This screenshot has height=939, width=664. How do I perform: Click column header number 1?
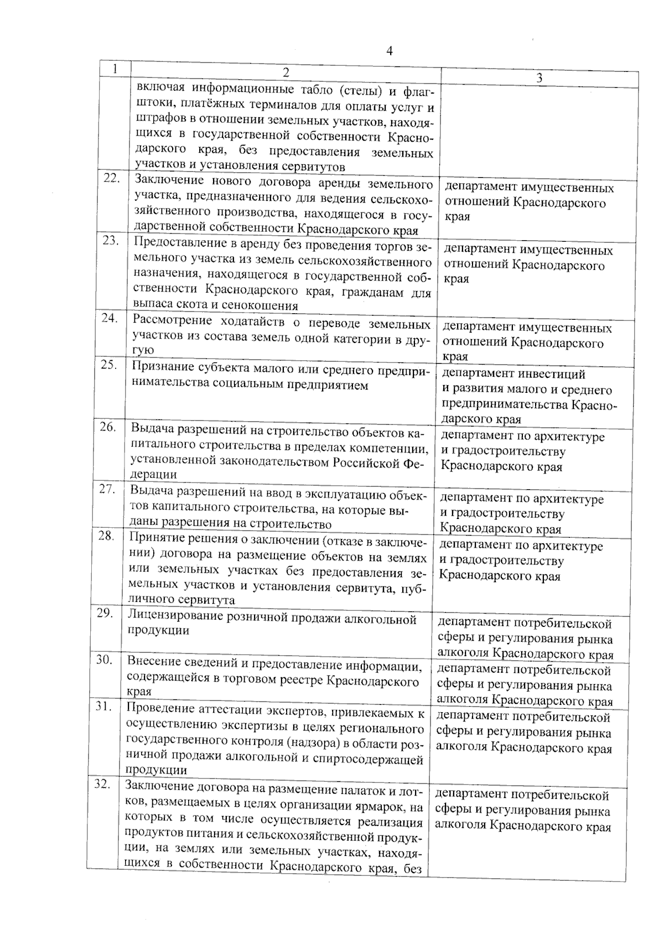click(x=114, y=69)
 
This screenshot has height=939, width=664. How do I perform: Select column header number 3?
click(x=539, y=79)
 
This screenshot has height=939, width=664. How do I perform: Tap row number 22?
click(x=112, y=178)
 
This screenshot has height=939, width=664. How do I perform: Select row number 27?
click(x=107, y=489)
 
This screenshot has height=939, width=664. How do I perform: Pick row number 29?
click(x=106, y=613)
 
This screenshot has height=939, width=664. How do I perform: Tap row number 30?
click(x=105, y=660)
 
